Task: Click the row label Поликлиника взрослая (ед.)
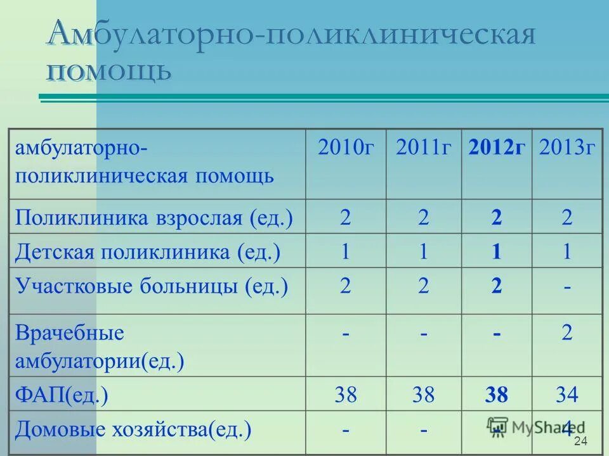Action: click(x=154, y=218)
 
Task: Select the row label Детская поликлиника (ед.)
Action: click(x=148, y=252)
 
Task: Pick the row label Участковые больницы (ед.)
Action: click(x=152, y=286)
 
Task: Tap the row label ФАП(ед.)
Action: click(x=62, y=396)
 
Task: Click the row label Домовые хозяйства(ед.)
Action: click(x=133, y=430)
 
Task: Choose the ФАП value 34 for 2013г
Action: click(x=566, y=396)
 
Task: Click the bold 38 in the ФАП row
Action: click(x=496, y=396)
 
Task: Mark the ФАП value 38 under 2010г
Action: click(x=346, y=396)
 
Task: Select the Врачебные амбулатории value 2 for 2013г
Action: click(x=566, y=333)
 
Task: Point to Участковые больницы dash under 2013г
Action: click(x=566, y=287)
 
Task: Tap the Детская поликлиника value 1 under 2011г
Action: click(x=423, y=252)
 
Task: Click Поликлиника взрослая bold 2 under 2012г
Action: click(x=496, y=218)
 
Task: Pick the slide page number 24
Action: click(x=580, y=441)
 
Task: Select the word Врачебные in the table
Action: click(x=70, y=333)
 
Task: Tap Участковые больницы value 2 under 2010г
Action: click(x=346, y=286)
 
